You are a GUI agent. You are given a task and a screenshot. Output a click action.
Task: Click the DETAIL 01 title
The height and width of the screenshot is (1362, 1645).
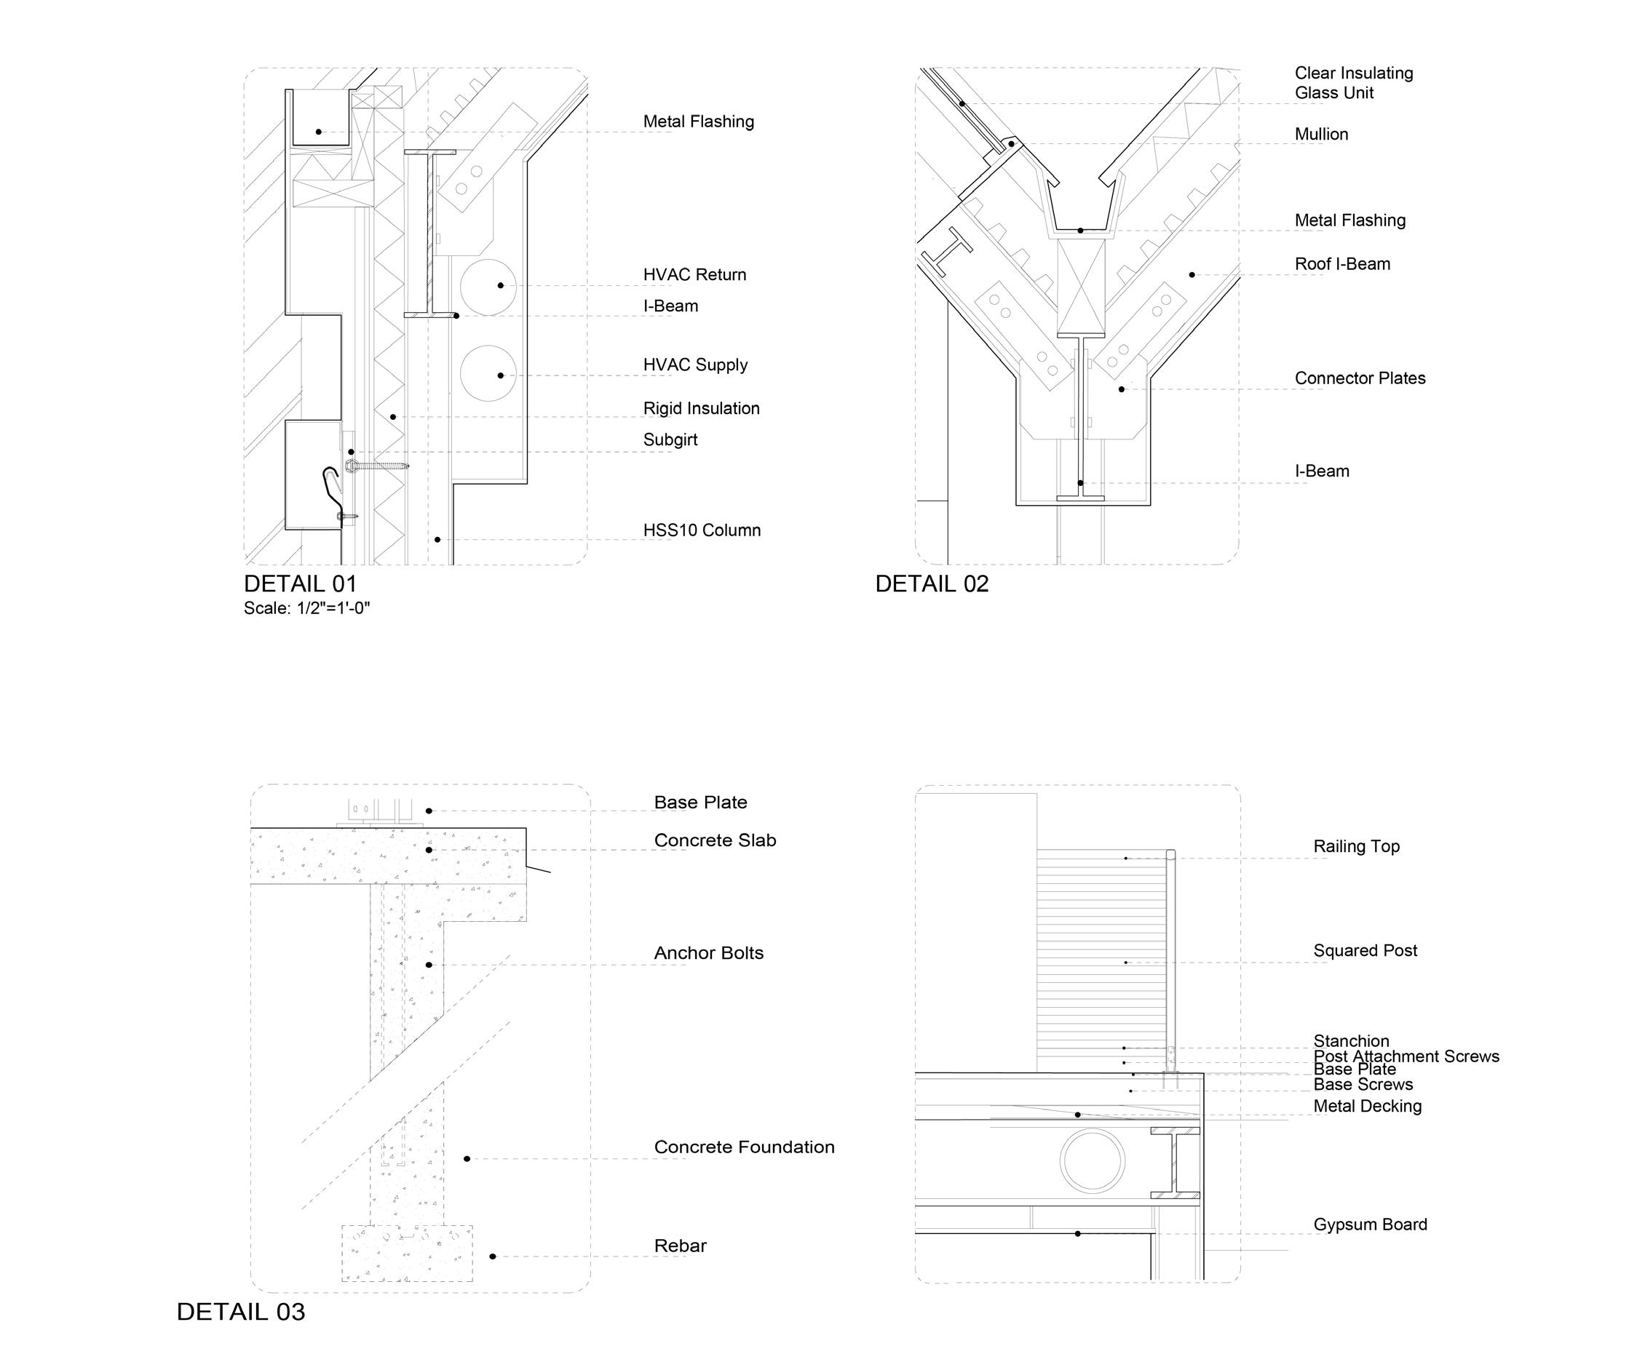[x=300, y=584]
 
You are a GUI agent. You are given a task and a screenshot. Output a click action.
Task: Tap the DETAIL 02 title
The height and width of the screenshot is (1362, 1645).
[x=932, y=584]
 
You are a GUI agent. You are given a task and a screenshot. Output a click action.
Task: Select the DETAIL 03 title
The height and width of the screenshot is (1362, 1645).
[x=240, y=1311]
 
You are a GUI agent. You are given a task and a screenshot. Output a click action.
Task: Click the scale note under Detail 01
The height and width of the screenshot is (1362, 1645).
[x=306, y=608]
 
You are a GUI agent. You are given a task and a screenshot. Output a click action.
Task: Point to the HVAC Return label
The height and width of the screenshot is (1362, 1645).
[x=694, y=275]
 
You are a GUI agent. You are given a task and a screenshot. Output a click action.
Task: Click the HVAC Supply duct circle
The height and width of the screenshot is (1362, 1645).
[x=488, y=373]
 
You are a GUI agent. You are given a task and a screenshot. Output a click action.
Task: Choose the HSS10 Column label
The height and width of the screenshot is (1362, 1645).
[x=701, y=530]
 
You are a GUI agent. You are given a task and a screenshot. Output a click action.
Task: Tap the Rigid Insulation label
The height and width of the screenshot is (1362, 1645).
[x=701, y=408]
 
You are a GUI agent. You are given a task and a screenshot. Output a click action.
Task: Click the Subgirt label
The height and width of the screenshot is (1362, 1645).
[x=670, y=439]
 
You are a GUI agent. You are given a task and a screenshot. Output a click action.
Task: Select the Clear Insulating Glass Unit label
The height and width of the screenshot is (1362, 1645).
[x=1353, y=83]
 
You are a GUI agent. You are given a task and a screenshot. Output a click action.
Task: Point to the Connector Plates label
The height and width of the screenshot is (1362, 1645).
[x=1359, y=378]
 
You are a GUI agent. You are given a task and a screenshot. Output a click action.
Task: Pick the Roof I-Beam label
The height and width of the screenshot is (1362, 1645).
[x=1342, y=264]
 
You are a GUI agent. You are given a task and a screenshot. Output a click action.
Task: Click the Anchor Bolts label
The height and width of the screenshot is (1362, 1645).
[x=708, y=953]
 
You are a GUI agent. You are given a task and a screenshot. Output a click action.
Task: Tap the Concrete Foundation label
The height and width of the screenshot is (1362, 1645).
[x=743, y=1147]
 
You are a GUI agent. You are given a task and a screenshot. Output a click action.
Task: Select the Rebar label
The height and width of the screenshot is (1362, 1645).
[x=680, y=1246]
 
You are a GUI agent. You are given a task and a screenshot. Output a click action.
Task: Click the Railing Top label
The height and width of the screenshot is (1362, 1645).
[x=1356, y=847]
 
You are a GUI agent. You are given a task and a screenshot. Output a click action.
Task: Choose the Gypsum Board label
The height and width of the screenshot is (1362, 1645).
[x=1369, y=1225]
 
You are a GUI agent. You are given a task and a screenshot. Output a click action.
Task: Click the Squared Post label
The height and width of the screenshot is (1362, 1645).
[x=1365, y=951]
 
